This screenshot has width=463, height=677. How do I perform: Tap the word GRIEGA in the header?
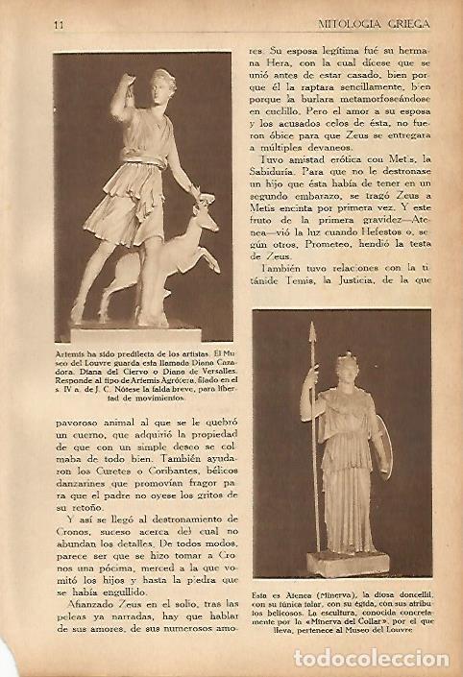[405, 23]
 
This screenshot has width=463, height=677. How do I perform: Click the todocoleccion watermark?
[370, 658]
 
